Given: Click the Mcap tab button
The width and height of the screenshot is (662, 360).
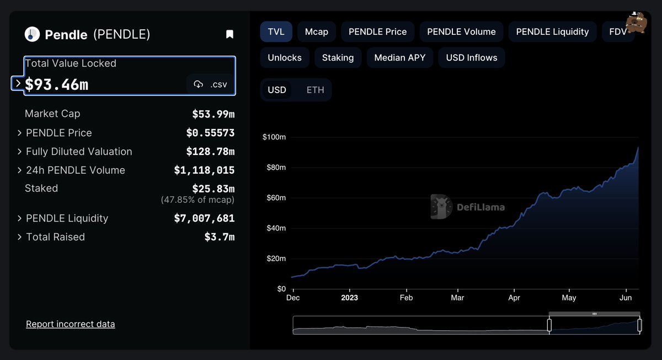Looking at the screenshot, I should [x=317, y=32].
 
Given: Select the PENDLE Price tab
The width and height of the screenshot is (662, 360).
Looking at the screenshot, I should [x=377, y=32].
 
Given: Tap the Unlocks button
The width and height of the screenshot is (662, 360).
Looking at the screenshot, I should [x=285, y=57].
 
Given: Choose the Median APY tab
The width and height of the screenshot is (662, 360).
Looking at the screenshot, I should [x=400, y=57].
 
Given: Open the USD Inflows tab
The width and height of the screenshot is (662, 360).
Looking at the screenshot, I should [x=472, y=57].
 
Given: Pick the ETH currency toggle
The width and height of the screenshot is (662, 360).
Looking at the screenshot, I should [x=315, y=90].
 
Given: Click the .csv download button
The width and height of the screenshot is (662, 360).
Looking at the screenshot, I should [x=210, y=84].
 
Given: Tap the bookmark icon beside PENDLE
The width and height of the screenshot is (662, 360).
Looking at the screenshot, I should [x=230, y=35].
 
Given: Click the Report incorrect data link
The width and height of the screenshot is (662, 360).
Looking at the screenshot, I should [x=71, y=324].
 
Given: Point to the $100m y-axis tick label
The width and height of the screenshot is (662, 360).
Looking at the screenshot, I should [x=274, y=137].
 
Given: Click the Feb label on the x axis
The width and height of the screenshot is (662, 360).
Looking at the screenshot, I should [x=406, y=298].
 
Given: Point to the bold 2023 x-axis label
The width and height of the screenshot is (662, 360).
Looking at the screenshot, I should [x=349, y=298].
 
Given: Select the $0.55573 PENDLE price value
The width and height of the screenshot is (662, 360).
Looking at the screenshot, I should [x=210, y=133].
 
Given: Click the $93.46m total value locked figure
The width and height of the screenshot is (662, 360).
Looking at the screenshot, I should [x=57, y=84].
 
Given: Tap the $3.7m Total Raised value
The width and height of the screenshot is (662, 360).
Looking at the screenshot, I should [x=220, y=237].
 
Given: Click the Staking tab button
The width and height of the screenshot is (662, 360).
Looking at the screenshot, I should [x=338, y=57].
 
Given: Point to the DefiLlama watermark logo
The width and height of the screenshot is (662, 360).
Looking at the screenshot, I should [x=468, y=207].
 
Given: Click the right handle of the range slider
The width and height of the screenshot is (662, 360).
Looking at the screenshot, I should [x=639, y=325].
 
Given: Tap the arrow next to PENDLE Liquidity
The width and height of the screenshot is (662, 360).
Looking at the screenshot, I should [x=20, y=218].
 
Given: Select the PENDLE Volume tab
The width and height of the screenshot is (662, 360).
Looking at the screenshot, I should [x=461, y=32].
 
